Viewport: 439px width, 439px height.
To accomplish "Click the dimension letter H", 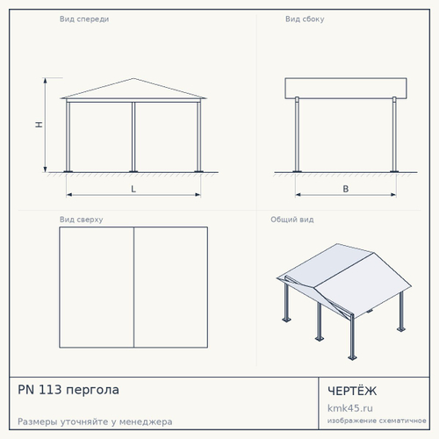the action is [39, 125].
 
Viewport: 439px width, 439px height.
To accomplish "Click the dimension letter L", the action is [133, 189].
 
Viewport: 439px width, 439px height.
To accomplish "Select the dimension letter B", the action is [346, 189].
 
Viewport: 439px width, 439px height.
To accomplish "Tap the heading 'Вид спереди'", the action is [84, 19].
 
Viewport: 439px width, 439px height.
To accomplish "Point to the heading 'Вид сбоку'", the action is [305, 19].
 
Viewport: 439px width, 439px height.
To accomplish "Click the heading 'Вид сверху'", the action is [82, 219].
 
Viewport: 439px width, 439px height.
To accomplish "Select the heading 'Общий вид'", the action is [292, 219].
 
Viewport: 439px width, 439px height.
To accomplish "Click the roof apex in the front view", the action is [133, 78].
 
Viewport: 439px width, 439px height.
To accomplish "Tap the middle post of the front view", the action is [133, 137].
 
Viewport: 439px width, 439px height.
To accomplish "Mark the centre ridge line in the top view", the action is [133, 287].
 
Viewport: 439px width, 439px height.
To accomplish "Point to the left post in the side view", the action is [297, 134].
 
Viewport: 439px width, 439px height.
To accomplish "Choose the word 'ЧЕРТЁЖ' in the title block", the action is [352, 391].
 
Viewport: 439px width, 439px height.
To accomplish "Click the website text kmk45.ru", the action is [350, 408].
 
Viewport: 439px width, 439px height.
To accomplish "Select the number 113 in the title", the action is [50, 390].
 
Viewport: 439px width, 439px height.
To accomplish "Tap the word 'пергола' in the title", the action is [92, 391].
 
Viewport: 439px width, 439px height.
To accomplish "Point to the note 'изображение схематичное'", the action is [377, 421].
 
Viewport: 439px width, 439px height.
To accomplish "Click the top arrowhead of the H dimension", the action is [45, 81].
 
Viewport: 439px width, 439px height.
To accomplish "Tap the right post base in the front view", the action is [198, 171].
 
